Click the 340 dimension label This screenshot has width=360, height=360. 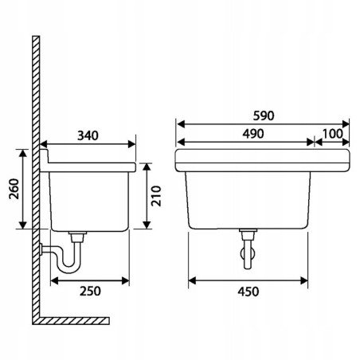point(88,135)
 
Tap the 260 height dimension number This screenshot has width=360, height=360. point(14,189)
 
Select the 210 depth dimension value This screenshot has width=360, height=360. point(156,196)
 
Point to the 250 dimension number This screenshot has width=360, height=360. point(90,291)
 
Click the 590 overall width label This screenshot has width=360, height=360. point(264,115)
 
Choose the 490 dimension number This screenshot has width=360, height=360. point(253,134)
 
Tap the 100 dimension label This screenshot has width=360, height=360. point(332,134)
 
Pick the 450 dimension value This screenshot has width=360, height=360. point(248,292)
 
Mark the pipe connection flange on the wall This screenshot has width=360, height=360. point(41,249)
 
